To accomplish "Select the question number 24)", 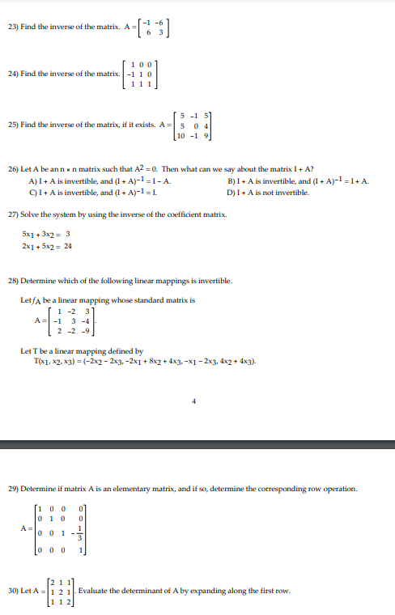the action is pyautogui.click(x=11, y=74).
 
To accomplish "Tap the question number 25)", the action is pyautogui.click(x=11, y=126).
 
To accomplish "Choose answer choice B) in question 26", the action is pyautogui.click(x=233, y=179).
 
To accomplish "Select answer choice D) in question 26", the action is pyautogui.click(x=233, y=189).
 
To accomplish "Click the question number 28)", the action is pyautogui.click(x=11, y=280).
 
